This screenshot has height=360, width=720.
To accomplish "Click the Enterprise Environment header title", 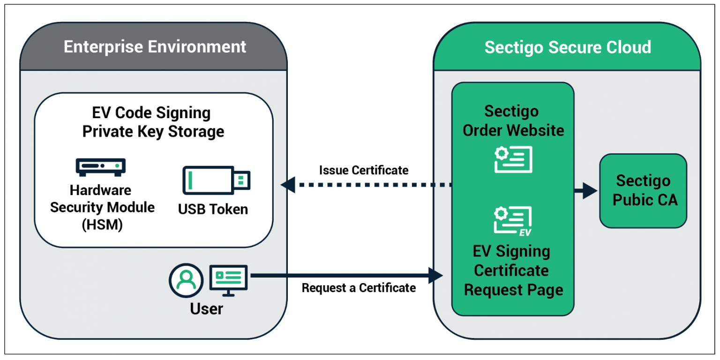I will pyautogui.click(x=155, y=47).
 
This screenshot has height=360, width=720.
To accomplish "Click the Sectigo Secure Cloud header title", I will pyautogui.click(x=568, y=47).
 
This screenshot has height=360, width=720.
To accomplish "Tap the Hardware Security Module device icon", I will pyautogui.click(x=101, y=166).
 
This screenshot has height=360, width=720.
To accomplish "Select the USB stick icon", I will pyautogui.click(x=216, y=180).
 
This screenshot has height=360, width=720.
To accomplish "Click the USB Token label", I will pyautogui.click(x=213, y=209).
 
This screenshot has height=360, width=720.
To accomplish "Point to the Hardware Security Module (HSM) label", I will pyautogui.click(x=102, y=207).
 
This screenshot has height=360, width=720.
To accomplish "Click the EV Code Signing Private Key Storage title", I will pyautogui.click(x=153, y=122).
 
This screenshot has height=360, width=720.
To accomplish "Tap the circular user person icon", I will pyautogui.click(x=186, y=280).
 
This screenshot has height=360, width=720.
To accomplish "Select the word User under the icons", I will pyautogui.click(x=206, y=309).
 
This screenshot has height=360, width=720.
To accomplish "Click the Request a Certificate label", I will pyautogui.click(x=359, y=287).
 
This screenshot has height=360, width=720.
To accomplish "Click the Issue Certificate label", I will pyautogui.click(x=364, y=170).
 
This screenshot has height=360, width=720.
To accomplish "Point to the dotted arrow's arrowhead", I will pyautogui.click(x=288, y=185).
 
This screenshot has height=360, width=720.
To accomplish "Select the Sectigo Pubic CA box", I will pyautogui.click(x=643, y=191).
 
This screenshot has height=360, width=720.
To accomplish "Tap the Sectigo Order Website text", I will pyautogui.click(x=513, y=121).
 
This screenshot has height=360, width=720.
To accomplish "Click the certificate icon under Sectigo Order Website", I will pyautogui.click(x=513, y=159).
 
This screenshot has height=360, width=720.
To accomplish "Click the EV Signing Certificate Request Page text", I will pyautogui.click(x=513, y=270).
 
